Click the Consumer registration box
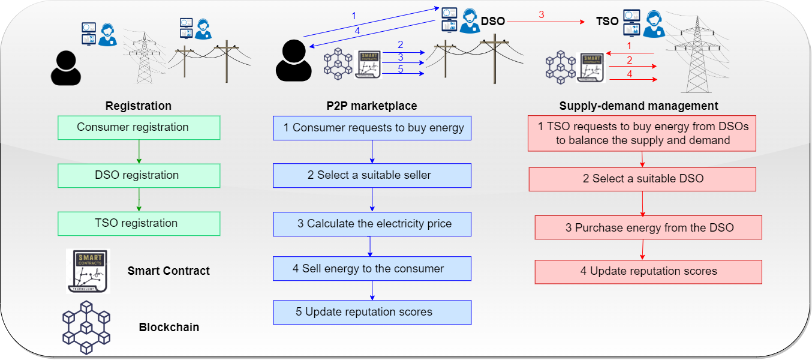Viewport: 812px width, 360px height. click(139, 128)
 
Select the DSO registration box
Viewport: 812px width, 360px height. click(139, 176)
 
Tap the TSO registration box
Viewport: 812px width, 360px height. click(139, 223)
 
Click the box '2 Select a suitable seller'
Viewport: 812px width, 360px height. click(372, 176)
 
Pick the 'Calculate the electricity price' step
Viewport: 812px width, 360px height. click(372, 224)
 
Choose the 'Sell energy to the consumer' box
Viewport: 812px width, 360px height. click(372, 269)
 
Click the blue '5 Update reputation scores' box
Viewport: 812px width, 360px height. click(372, 313)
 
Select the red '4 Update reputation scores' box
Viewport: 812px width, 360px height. click(648, 272)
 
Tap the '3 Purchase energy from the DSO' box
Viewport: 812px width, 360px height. click(648, 228)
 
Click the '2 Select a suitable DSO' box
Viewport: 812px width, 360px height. click(642, 179)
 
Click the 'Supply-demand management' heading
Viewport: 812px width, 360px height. click(639, 106)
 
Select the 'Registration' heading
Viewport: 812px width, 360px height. click(139, 106)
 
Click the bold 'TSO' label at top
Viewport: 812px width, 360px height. click(607, 21)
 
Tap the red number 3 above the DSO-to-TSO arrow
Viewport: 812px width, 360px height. click(542, 14)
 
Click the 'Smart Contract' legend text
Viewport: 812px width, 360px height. click(169, 271)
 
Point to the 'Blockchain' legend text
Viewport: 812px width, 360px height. click(169, 328)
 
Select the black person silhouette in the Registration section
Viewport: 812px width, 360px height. click(66, 67)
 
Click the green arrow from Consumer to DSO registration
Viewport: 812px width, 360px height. click(139, 152)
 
